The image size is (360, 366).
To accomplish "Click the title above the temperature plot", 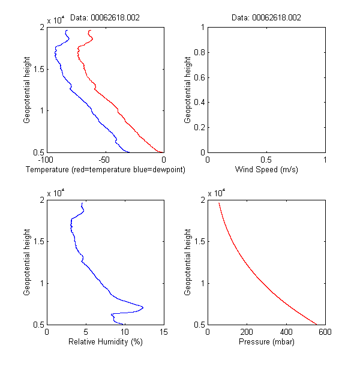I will (x=105, y=18).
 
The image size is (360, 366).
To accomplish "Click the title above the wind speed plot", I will (x=266, y=18).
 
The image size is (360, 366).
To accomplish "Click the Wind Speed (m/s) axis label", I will (x=266, y=170).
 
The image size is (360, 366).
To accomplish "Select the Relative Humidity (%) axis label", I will (x=105, y=342).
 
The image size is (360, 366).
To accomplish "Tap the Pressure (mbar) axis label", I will (x=266, y=342).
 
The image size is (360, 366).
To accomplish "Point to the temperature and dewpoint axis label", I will (x=106, y=170).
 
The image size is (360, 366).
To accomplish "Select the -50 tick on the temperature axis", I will (x=105, y=160).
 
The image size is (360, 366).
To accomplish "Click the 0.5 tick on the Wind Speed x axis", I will (x=266, y=160).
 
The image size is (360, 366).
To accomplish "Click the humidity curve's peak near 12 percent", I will (x=143, y=307).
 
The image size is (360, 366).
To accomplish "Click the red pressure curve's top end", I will (x=219, y=203).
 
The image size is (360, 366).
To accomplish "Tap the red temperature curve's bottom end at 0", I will (x=163, y=152).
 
